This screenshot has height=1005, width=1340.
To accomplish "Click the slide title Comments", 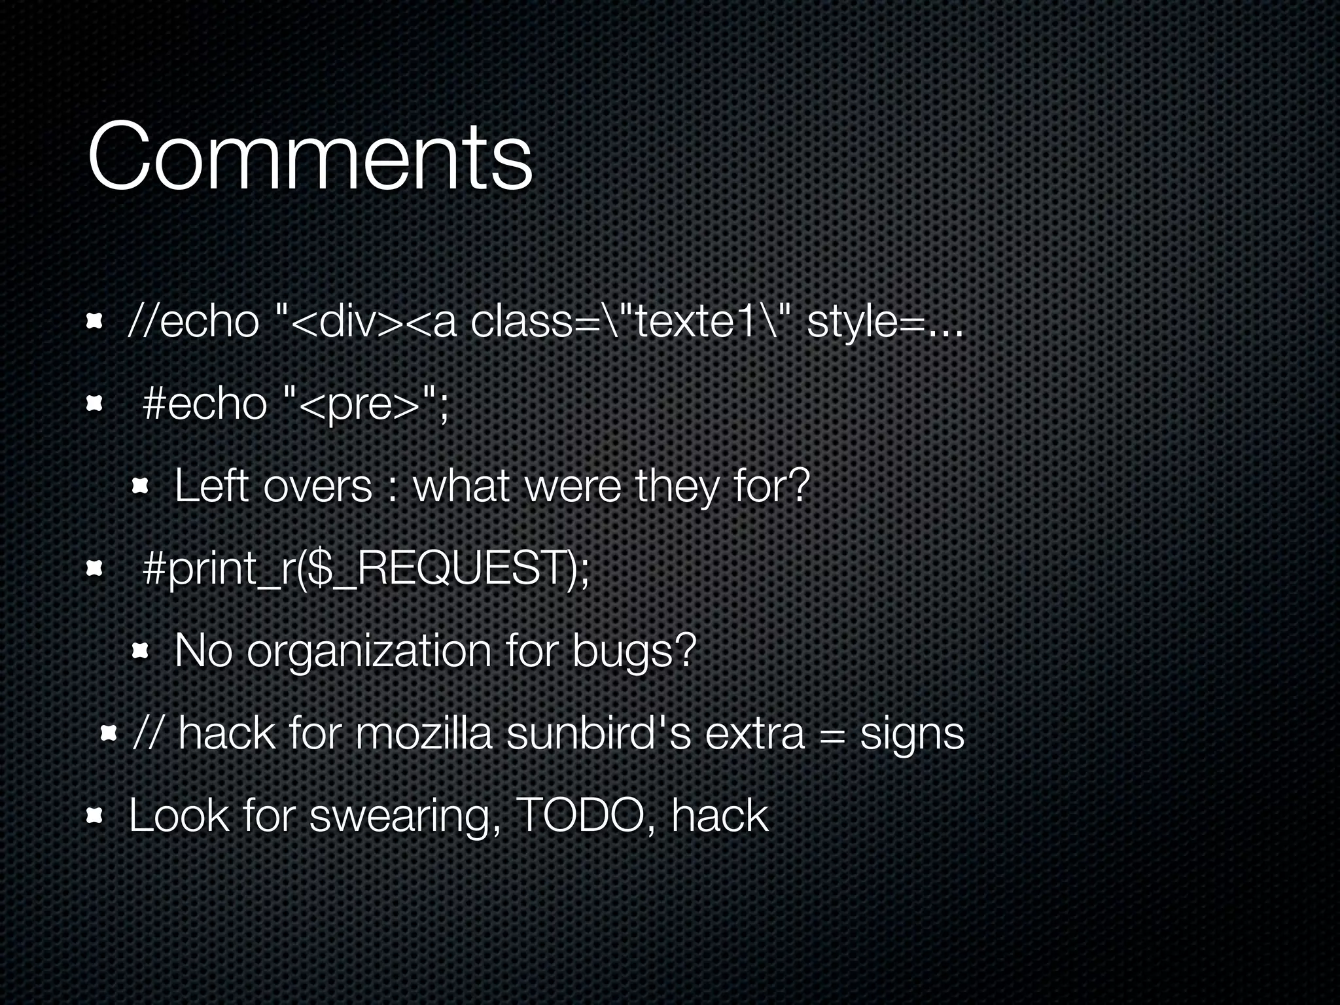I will point(309,158).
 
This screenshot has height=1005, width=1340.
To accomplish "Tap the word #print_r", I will point(219,569).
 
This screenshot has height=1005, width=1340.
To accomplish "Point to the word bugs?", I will point(633,652).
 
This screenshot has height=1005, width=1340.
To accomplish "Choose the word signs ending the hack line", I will point(911,734).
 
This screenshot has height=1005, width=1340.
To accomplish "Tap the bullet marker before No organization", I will point(141,652).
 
